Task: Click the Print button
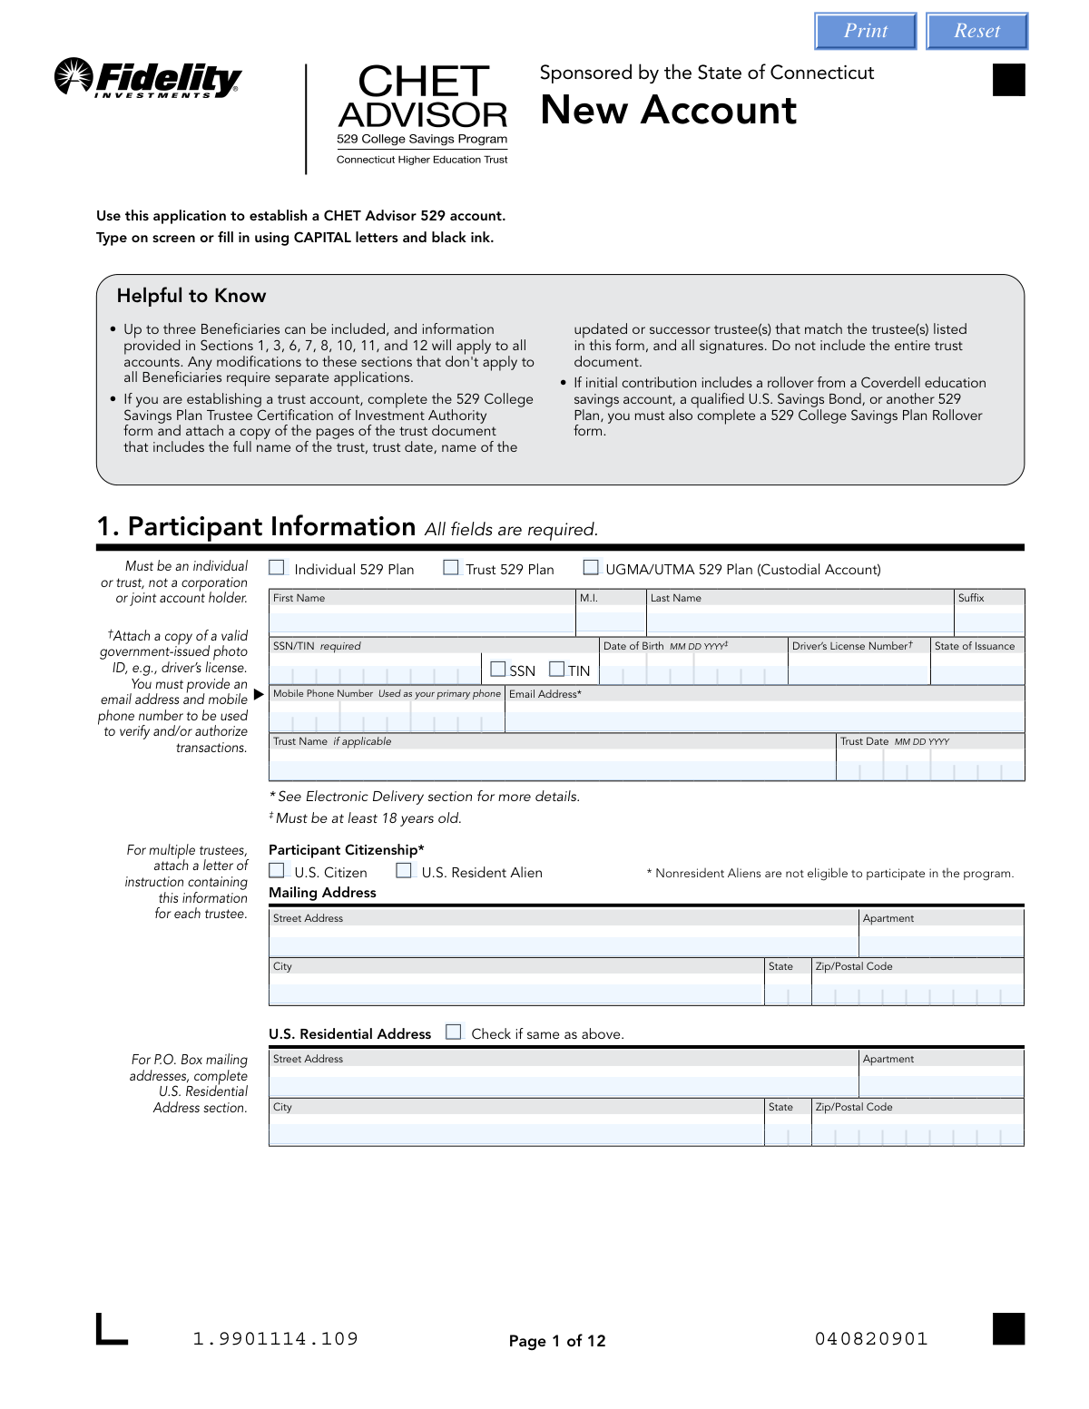[x=866, y=31]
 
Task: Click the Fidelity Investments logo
[x=148, y=78]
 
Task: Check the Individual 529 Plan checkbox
[x=277, y=568]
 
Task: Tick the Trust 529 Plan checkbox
[x=451, y=568]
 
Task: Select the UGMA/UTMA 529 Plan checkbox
[x=591, y=568]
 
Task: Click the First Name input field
[x=422, y=621]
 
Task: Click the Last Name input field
[x=800, y=621]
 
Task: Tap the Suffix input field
[x=989, y=621]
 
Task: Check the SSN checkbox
[x=498, y=670]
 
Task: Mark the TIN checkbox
[x=557, y=670]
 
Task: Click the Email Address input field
[x=764, y=718]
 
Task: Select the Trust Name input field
[x=552, y=766]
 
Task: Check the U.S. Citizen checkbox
[x=277, y=871]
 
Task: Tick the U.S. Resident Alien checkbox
[x=404, y=871]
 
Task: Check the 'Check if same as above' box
[x=454, y=1032]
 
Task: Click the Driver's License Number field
[x=858, y=670]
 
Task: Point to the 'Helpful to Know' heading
[x=191, y=296]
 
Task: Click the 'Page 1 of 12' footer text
[x=557, y=1341]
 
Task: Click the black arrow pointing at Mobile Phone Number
[x=259, y=694]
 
